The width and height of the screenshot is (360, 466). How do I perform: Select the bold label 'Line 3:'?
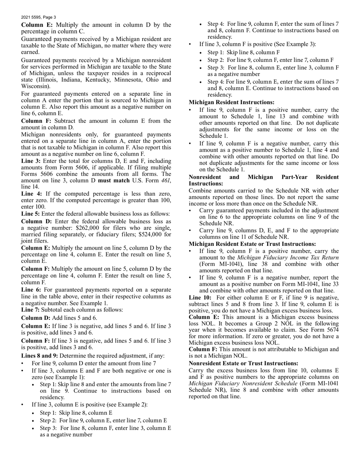(x=30, y=161)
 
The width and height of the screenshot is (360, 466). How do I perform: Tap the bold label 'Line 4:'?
(x=30, y=193)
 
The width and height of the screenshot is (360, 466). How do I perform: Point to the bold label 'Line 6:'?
(x=30, y=290)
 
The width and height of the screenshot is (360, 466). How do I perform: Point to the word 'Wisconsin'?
(x=35, y=86)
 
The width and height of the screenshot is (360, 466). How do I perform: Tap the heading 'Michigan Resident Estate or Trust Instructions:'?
(x=252, y=244)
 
